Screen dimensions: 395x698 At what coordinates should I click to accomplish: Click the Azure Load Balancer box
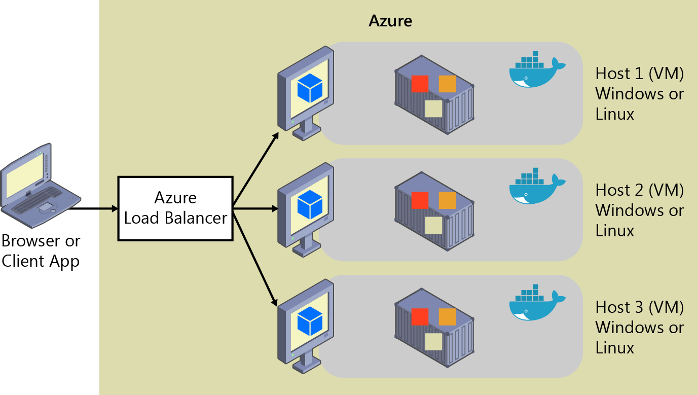pyautogui.click(x=175, y=208)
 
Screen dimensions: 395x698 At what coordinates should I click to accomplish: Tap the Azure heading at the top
pyautogui.click(x=390, y=21)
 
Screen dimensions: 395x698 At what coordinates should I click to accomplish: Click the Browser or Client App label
pyautogui.click(x=41, y=251)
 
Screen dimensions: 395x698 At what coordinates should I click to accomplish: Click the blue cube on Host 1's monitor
pyautogui.click(x=310, y=87)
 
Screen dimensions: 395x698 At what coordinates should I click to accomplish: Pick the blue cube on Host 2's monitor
pyautogui.click(x=310, y=204)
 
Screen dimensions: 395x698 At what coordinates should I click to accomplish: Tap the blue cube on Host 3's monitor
pyautogui.click(x=310, y=321)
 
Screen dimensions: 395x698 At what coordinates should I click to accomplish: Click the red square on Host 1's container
pyautogui.click(x=420, y=84)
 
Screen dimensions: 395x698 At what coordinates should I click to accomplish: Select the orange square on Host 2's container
pyautogui.click(x=447, y=200)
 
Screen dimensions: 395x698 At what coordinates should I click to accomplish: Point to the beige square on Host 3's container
pyautogui.click(x=433, y=342)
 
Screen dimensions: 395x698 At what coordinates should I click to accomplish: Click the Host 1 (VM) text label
pyautogui.click(x=640, y=74)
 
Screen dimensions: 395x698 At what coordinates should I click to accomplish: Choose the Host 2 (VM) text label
pyautogui.click(x=640, y=190)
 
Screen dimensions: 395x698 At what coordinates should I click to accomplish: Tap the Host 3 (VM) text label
pyautogui.click(x=640, y=307)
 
